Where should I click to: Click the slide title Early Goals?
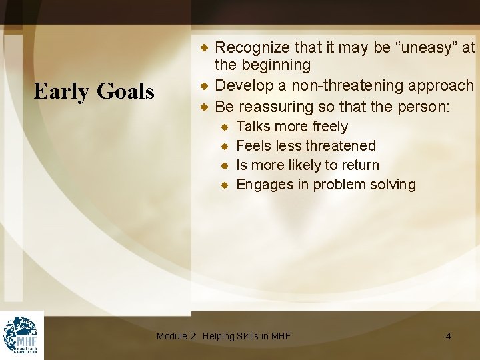(x=94, y=91)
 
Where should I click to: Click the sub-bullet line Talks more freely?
(x=292, y=127)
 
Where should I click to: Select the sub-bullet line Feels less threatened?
(x=306, y=146)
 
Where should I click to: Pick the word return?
(x=358, y=165)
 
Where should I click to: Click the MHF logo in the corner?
(x=21, y=335)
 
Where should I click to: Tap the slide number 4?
(x=448, y=336)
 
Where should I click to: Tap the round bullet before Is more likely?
(x=226, y=165)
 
